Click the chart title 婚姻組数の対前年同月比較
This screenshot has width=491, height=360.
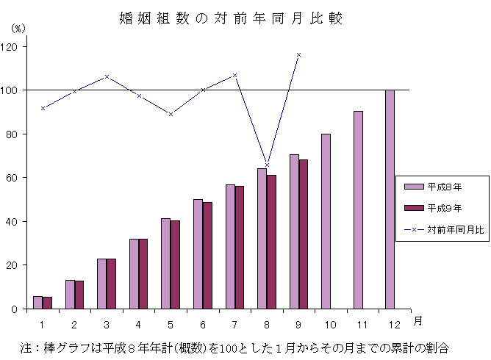point(230,18)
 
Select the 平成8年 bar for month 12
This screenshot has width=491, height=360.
point(390,199)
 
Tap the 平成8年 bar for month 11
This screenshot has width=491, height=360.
point(358,210)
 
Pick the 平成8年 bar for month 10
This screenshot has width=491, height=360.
point(326,221)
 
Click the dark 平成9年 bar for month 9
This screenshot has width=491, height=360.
point(304,234)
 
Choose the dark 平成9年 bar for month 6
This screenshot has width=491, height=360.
point(207,255)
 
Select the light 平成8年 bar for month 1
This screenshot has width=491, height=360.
point(37,302)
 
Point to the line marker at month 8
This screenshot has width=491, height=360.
point(267,165)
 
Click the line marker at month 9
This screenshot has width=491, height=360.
point(298,54)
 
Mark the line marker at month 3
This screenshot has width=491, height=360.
point(107,76)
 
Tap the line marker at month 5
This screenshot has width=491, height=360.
point(171,114)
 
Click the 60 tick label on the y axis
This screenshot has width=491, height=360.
point(13,178)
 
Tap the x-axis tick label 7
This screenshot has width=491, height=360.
point(234,323)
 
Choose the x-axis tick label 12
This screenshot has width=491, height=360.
point(395,323)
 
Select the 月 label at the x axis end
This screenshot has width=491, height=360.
point(417,320)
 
